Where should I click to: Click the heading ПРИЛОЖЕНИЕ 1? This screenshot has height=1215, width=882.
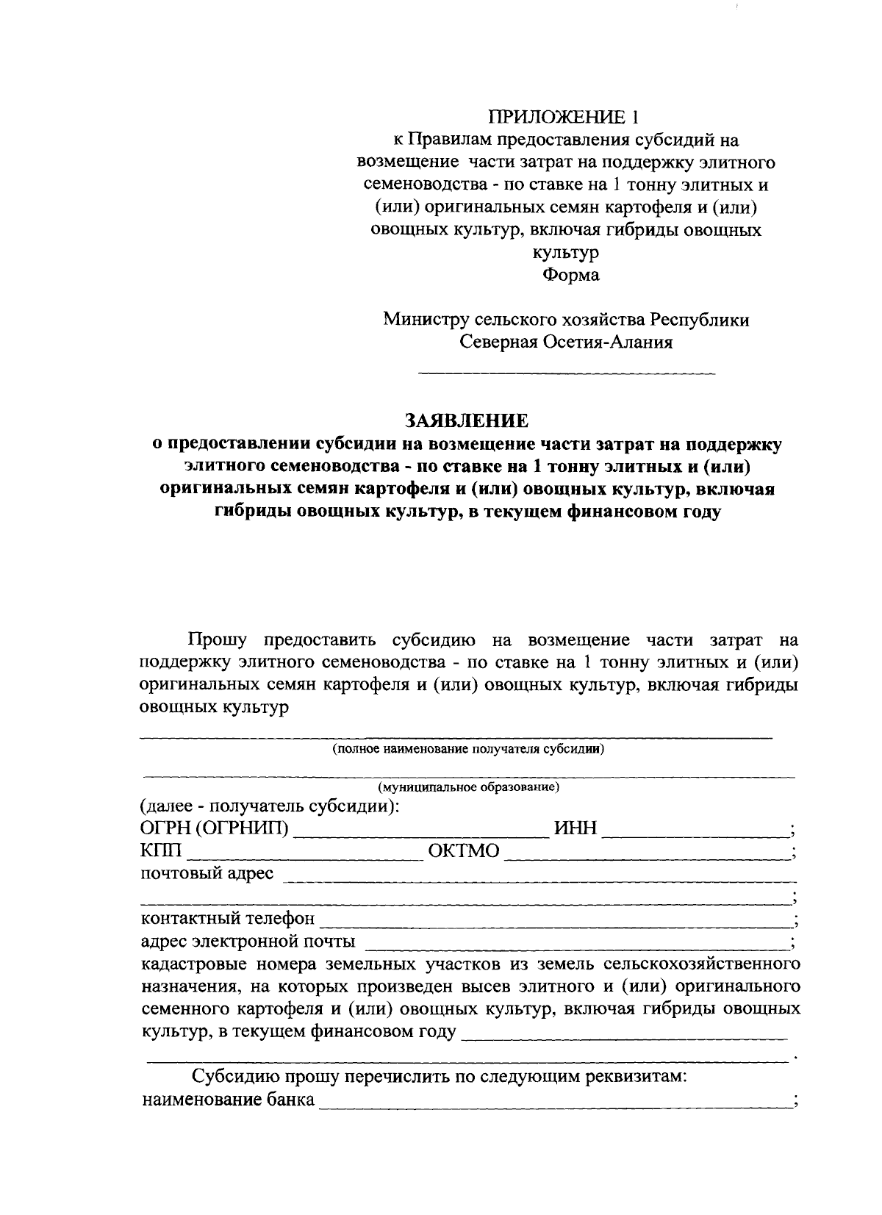[564, 116]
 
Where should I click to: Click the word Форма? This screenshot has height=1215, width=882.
[571, 275]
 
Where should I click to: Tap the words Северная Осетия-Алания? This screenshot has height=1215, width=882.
[566, 343]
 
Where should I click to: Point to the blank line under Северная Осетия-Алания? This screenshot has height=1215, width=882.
[566, 375]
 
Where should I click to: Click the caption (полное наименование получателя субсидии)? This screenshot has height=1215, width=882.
[467, 750]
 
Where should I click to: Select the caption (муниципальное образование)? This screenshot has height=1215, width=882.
[468, 788]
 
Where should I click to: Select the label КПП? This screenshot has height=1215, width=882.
[160, 852]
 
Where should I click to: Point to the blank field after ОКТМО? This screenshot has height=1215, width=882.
[647, 855]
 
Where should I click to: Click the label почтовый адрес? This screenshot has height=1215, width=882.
[207, 874]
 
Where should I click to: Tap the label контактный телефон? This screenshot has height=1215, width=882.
[228, 919]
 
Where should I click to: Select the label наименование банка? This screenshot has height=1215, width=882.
[228, 1100]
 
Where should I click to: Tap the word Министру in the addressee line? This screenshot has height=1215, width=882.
[425, 320]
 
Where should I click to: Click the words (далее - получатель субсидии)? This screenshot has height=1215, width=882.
[270, 807]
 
